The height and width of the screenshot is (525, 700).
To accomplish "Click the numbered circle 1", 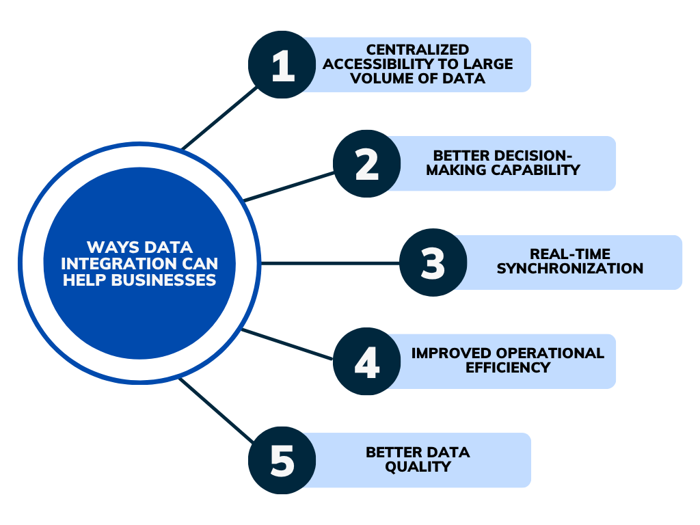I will point(282,65).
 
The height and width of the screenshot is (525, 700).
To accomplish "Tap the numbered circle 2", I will point(367,164).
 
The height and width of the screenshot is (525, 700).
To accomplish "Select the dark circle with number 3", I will point(433,262).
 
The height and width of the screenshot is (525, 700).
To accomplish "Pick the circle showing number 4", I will point(367,361).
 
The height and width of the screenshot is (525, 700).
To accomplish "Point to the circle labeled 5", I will point(282,460).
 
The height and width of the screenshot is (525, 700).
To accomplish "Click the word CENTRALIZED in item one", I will point(418,50).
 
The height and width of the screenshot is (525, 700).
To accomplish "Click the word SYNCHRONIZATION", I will point(570,269).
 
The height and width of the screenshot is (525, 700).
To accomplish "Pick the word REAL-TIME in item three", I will point(570,254).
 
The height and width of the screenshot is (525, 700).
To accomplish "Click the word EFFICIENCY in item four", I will point(508,368).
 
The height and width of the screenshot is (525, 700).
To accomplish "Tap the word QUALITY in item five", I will point(418,467).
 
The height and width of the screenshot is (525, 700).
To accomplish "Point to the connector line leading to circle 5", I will point(217,410).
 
